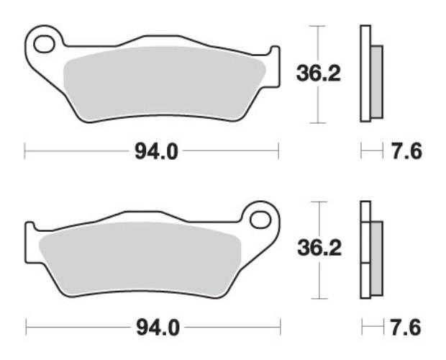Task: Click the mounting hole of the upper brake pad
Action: click(x=44, y=45)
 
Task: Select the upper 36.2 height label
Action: click(x=319, y=73)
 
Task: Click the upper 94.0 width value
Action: click(x=152, y=151)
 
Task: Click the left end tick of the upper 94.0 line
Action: click(x=25, y=151)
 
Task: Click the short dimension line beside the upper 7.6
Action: click(x=371, y=151)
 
